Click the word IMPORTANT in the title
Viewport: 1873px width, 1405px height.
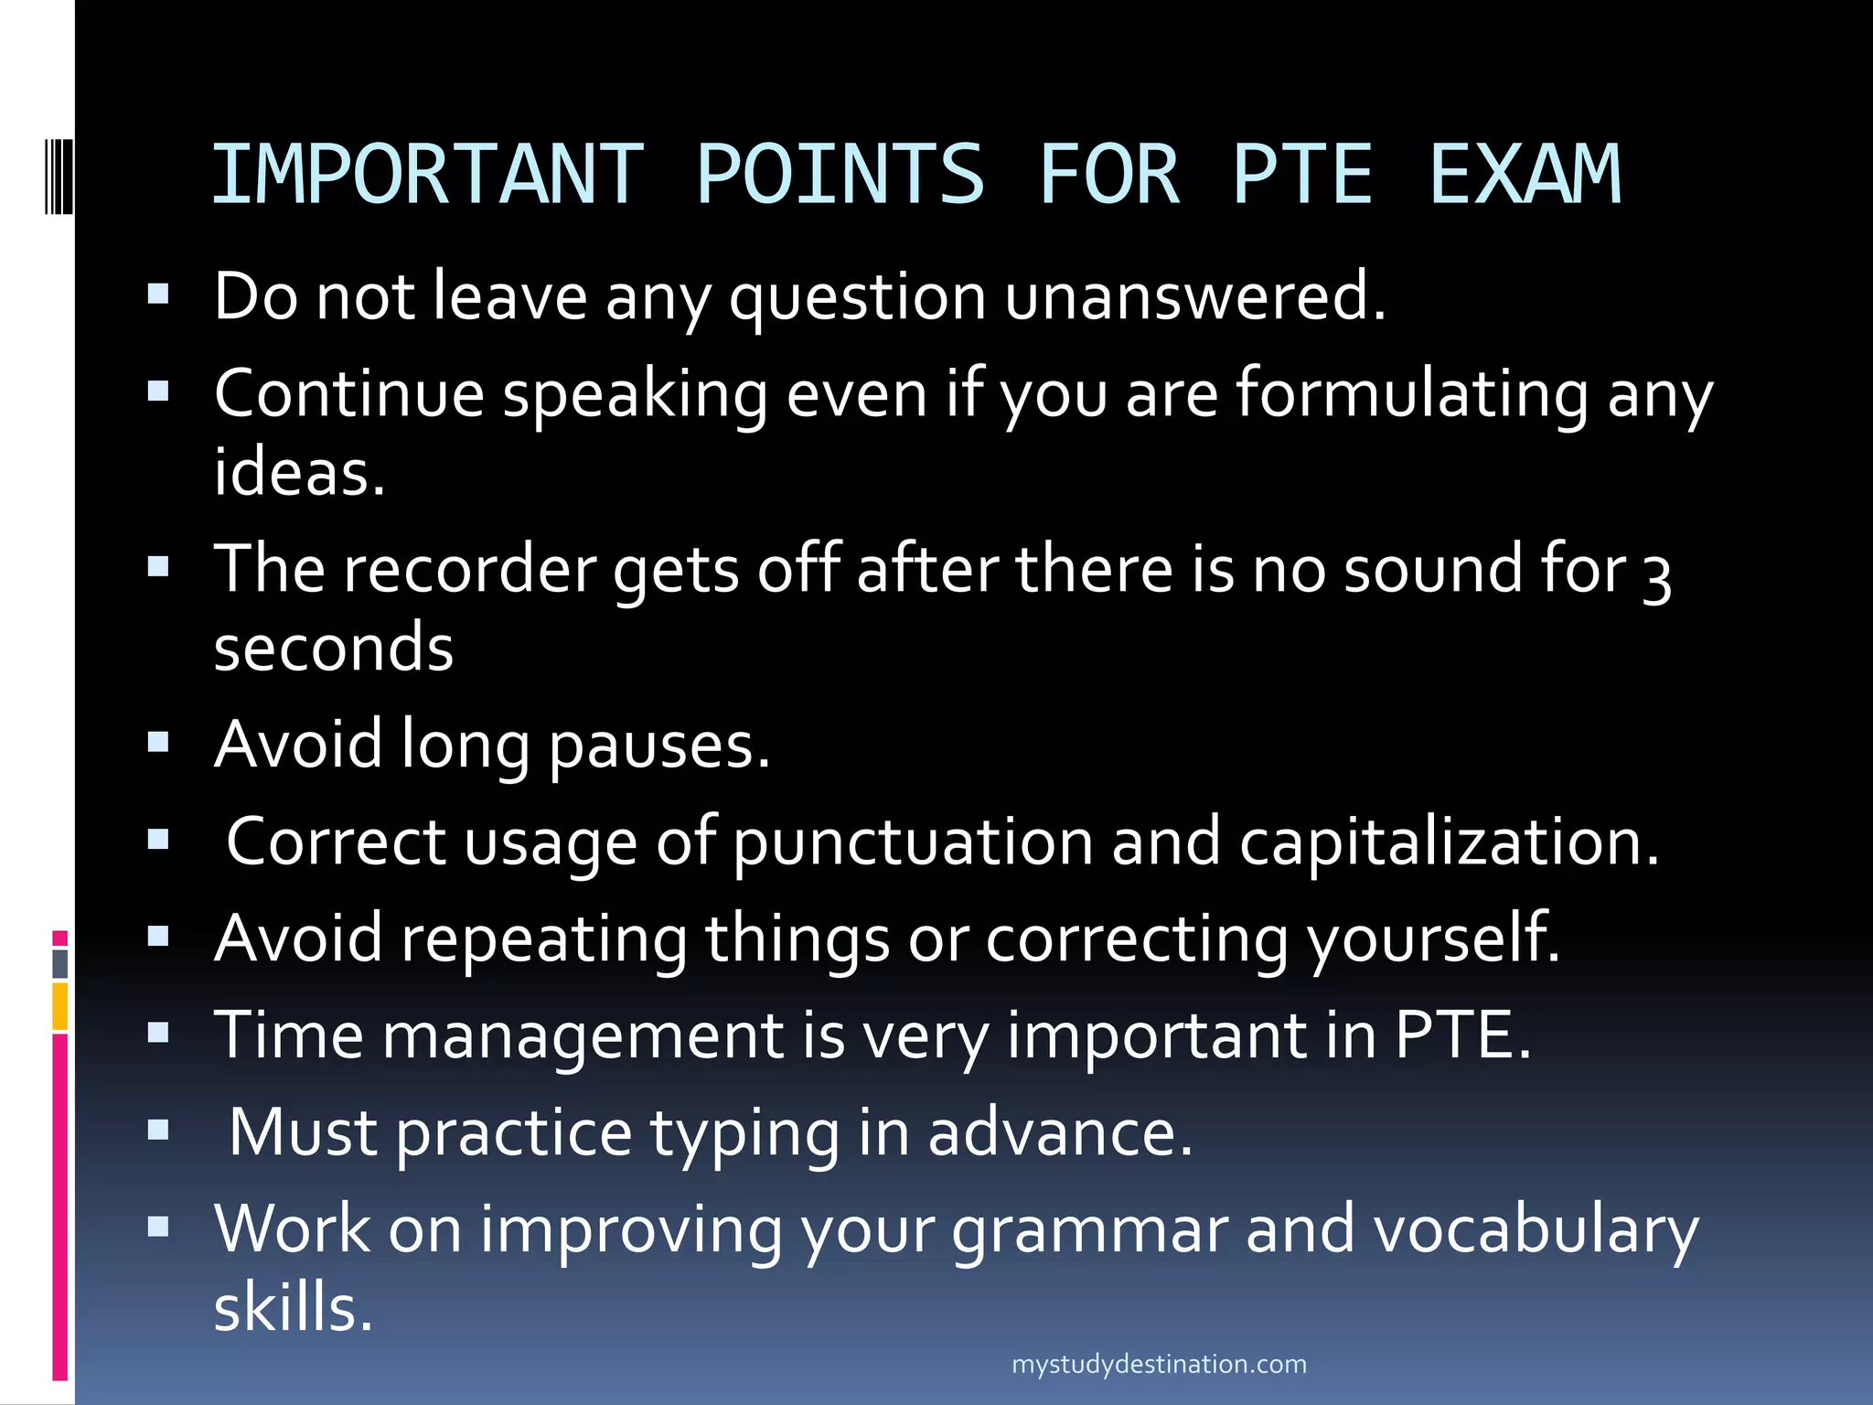(x=428, y=174)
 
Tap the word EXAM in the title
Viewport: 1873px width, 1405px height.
(x=1525, y=174)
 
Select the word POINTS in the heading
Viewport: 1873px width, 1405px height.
(x=840, y=174)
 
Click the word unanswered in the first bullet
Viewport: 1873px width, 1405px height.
(x=1195, y=296)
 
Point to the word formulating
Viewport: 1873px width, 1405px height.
(x=1412, y=393)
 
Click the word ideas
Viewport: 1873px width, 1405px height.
(x=299, y=473)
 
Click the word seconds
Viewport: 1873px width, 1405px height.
(x=334, y=648)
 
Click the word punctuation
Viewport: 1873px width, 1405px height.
(x=913, y=842)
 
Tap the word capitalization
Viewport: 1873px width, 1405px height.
(x=1449, y=842)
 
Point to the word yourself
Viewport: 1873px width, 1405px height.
(x=1433, y=939)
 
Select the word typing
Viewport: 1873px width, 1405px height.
(x=744, y=1133)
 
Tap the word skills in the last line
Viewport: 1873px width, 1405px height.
(x=294, y=1308)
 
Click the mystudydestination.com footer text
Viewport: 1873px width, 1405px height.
(x=1159, y=1365)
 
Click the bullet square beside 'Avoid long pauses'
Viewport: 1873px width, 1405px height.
(x=158, y=742)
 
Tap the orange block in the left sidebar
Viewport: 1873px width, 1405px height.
(x=60, y=1006)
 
